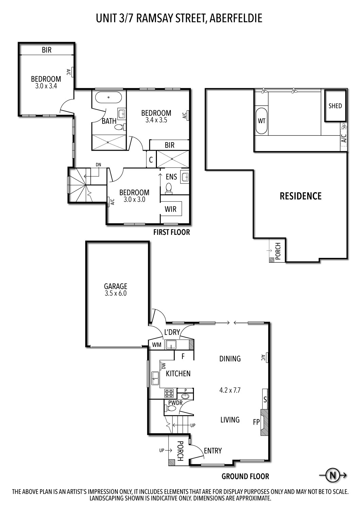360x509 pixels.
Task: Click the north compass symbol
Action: pos(332,475)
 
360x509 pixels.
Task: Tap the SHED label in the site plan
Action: pos(335,106)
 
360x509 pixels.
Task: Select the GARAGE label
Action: pos(115,286)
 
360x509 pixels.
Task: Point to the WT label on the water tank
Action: pos(261,120)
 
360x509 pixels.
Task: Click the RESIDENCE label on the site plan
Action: pos(300,196)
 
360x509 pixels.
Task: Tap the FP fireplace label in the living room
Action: pos(256,422)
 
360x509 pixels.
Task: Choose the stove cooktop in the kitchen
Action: pos(169,393)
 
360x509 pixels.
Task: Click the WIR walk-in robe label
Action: pos(170,209)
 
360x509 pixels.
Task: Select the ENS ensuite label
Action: pos(171,176)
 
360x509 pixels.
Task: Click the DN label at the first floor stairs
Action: pos(98,165)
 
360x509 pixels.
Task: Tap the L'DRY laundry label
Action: pos(172,332)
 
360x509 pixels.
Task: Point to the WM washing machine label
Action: pos(156,345)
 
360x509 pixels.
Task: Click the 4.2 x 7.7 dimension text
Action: pos(230,390)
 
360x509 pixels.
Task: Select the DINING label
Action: pos(230,359)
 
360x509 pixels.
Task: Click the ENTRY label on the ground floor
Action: pos(213,451)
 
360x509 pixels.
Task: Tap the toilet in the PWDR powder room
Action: pos(167,408)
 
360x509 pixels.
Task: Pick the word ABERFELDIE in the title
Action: pos(236,18)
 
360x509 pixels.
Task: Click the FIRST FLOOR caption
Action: pos(172,232)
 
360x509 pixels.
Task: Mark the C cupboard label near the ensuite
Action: pos(151,159)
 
